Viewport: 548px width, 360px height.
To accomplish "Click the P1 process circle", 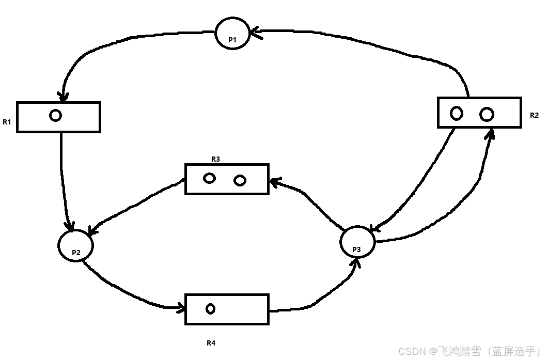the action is (x=232, y=33).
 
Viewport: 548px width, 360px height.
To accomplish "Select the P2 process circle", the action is (x=75, y=245).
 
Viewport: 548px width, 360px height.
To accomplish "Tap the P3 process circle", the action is (x=357, y=242).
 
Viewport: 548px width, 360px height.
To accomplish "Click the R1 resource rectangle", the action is (x=77, y=117).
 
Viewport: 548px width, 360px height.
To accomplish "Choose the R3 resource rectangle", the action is (x=227, y=179).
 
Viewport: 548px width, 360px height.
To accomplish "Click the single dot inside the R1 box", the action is (x=56, y=115).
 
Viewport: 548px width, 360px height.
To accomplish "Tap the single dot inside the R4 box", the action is (x=210, y=309).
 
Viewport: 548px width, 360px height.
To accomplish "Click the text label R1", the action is (x=7, y=122).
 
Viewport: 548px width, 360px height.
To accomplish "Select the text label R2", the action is (x=534, y=115).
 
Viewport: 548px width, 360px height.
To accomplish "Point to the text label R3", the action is (x=215, y=159).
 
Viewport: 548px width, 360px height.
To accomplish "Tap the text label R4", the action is (x=211, y=343).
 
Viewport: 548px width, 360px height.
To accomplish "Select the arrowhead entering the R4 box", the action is (x=181, y=308).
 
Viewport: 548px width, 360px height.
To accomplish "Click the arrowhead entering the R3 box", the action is (x=274, y=181).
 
